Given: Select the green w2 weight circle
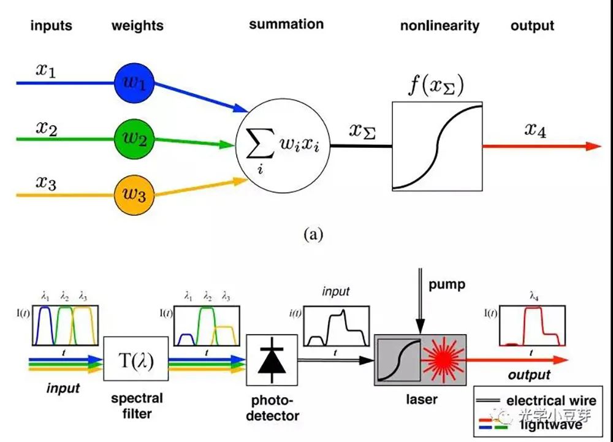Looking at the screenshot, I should point(134,139).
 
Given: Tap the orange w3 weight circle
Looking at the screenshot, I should point(134,196).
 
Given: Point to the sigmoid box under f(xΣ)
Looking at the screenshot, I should point(437,146).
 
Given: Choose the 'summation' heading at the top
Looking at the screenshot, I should point(286,25).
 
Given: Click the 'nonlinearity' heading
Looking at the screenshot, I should point(440,26).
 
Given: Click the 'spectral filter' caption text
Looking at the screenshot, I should point(135,405).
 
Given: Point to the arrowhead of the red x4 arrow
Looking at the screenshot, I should point(593,146).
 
